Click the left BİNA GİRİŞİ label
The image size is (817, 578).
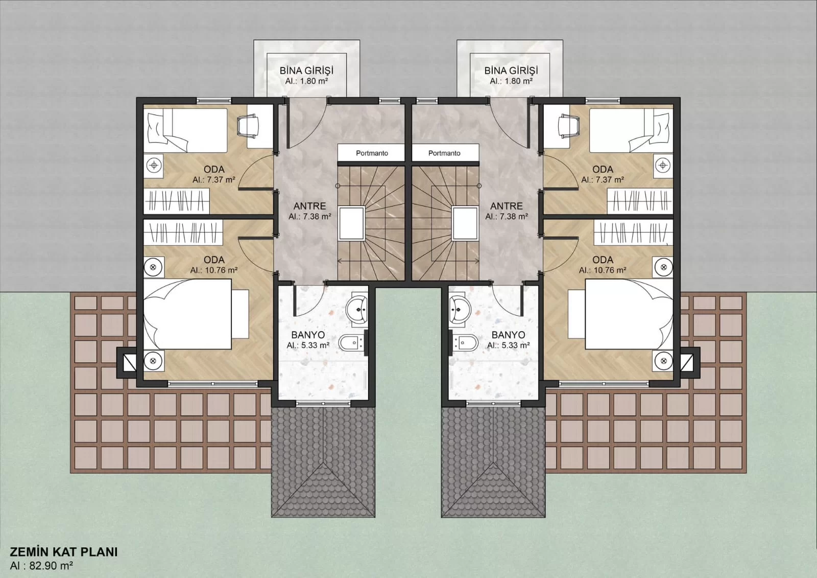tap(306, 70)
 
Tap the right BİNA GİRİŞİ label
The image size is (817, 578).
tap(511, 70)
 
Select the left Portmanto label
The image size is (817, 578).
tap(372, 153)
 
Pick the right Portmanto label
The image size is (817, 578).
tap(444, 153)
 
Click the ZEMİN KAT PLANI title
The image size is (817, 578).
tap(64, 552)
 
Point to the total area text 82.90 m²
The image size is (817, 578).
tap(51, 566)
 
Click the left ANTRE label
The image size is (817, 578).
tap(309, 206)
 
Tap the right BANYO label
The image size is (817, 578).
tap(509, 335)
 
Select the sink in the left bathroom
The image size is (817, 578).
tap(357, 310)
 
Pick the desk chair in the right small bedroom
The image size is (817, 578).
tap(569, 127)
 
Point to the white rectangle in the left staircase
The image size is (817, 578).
tap(352, 223)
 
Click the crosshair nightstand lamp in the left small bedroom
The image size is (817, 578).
tap(154, 166)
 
